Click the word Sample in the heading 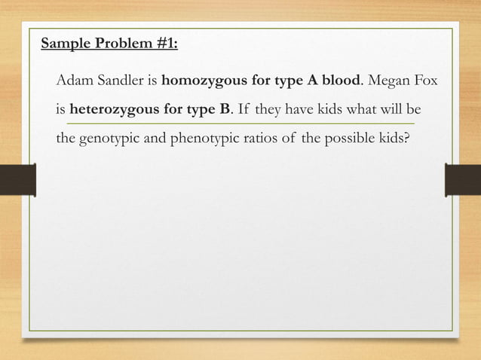click(63, 43)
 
